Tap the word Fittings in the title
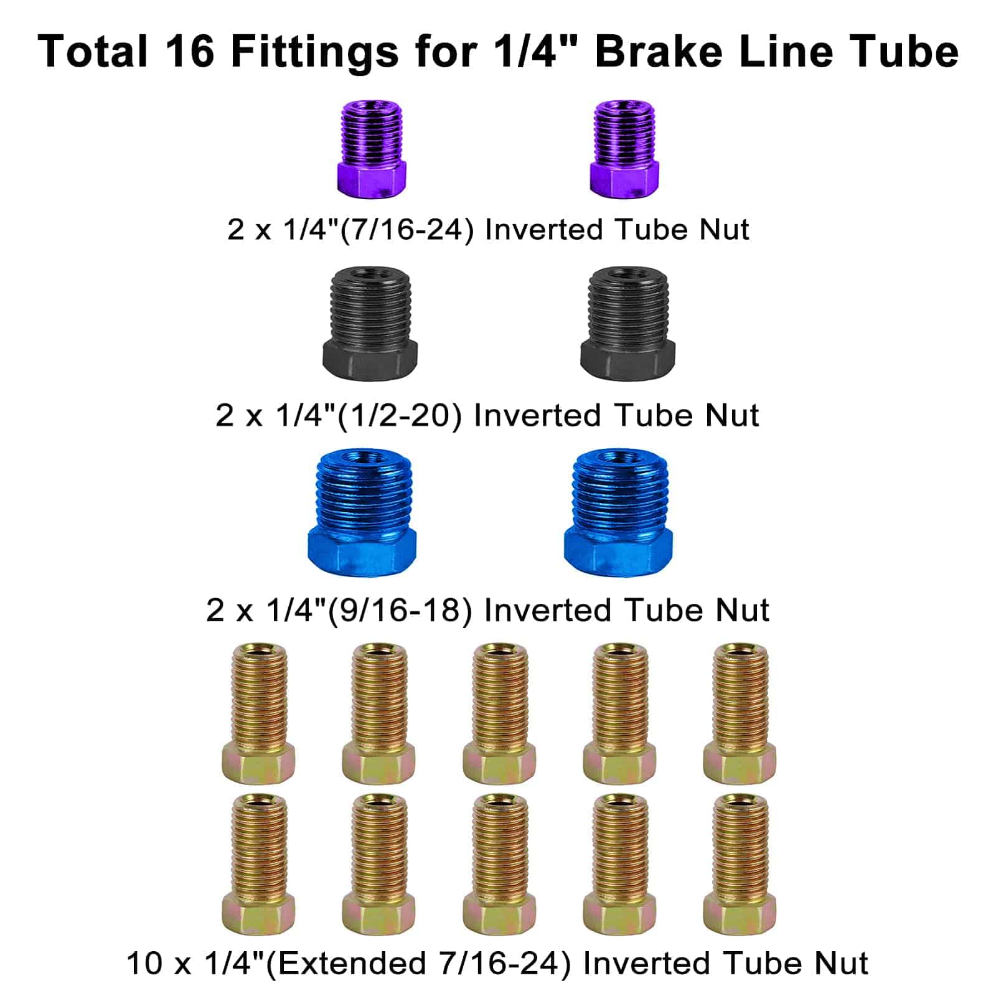coord(314,52)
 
